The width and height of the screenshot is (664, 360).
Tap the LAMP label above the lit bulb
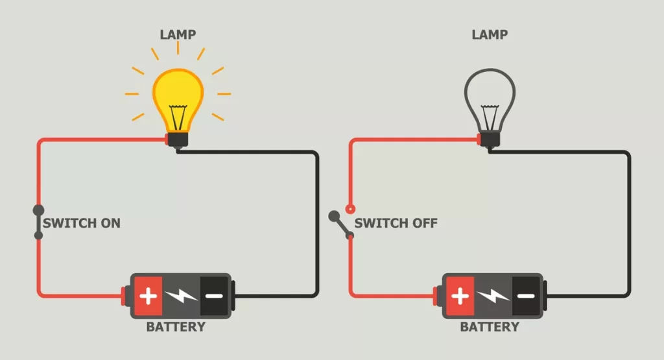[177, 33]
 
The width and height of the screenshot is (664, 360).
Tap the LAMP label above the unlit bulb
[490, 33]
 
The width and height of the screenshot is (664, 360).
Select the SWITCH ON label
[82, 223]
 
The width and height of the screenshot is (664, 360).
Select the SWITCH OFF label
[396, 223]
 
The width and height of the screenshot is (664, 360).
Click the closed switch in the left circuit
[39, 222]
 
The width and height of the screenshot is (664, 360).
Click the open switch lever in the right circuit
[340, 224]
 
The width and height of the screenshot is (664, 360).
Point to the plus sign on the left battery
[148, 297]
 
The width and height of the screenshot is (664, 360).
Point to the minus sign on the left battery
[213, 296]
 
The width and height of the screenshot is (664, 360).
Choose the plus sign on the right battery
[460, 297]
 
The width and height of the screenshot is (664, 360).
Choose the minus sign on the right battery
[525, 296]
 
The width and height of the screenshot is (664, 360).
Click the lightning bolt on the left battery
[181, 297]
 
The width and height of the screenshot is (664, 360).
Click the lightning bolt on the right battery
[493, 297]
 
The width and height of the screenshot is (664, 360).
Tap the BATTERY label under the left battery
[176, 326]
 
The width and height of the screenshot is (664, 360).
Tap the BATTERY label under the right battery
[490, 326]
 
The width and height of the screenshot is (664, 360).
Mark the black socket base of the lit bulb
[177, 139]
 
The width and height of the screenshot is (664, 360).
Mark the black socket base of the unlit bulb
[490, 139]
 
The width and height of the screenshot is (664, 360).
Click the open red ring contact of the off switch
[350, 209]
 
